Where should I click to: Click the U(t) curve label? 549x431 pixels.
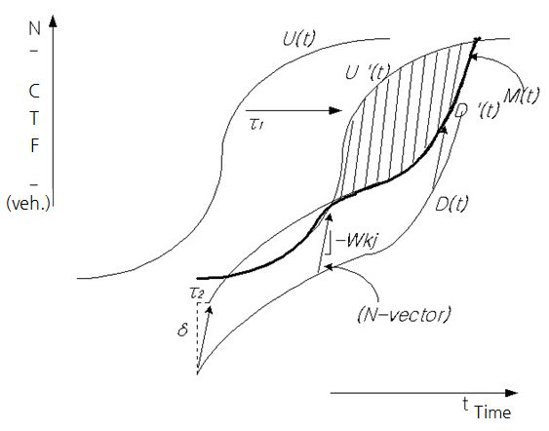pos(299,38)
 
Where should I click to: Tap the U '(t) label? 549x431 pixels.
pos(368,72)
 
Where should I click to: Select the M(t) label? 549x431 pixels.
pos(521,96)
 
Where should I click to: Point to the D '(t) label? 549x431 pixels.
pos(478,111)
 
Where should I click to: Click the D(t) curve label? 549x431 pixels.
pos(451,204)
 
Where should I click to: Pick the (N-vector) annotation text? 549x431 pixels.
pos(404,314)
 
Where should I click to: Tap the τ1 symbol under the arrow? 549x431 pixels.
pos(256,124)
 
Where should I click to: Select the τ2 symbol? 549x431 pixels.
pos(197,294)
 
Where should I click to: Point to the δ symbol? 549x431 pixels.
pos(182,330)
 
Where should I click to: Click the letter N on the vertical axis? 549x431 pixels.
pos(35,28)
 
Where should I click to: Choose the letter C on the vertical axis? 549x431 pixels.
pos(34,92)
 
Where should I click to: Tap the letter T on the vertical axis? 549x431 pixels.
pos(34,118)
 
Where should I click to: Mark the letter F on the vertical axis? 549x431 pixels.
pos(34,145)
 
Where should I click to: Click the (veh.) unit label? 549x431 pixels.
pos(28,204)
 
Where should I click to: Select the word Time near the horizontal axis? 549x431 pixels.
pos(492,412)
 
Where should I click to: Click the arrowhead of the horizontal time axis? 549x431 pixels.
pos(512,393)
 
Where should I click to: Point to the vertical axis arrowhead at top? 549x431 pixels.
pos(53,20)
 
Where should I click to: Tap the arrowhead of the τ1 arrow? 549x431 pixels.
pos(335,110)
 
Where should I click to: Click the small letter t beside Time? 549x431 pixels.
pos(465,404)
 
